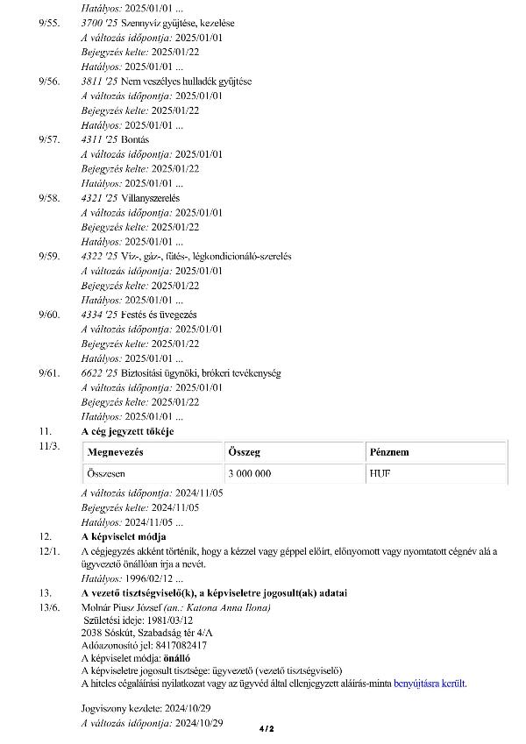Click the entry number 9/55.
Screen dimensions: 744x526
(49, 23)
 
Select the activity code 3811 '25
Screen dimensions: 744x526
(99, 81)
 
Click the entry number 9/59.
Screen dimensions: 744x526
(49, 257)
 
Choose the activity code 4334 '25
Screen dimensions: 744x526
(99, 315)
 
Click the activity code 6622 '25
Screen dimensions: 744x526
(99, 373)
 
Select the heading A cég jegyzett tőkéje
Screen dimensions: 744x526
(127, 432)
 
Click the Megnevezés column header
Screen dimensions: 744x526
(116, 452)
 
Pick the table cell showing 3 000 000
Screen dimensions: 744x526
(249, 473)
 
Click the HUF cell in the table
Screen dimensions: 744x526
(380, 473)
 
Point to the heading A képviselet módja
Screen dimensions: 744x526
(124, 535)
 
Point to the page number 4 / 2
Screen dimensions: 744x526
(267, 728)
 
